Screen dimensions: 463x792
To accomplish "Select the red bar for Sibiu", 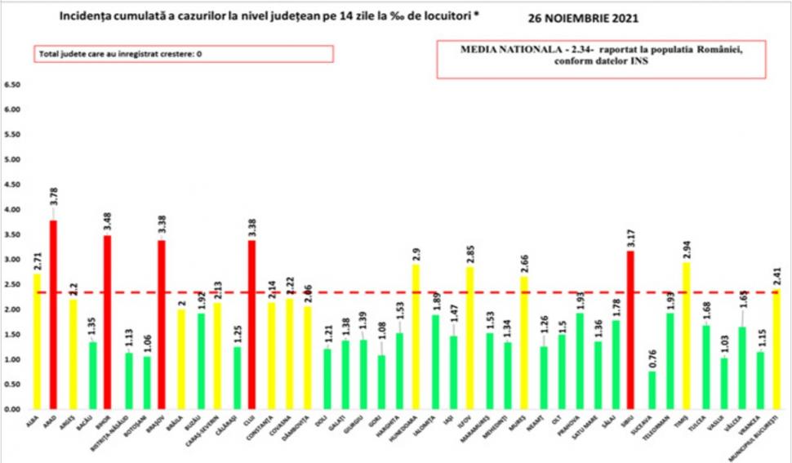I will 631,330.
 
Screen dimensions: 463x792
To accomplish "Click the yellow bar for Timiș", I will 687,335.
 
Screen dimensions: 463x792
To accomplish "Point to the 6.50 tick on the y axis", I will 12,84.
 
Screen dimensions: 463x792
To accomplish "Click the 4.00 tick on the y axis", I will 12,210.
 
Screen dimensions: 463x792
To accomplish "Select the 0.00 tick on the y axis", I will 12,409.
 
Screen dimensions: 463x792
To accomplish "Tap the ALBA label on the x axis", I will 34,420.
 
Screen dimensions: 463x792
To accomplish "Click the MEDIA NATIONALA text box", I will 602,60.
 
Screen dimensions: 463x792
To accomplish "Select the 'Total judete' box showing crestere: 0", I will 184,54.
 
